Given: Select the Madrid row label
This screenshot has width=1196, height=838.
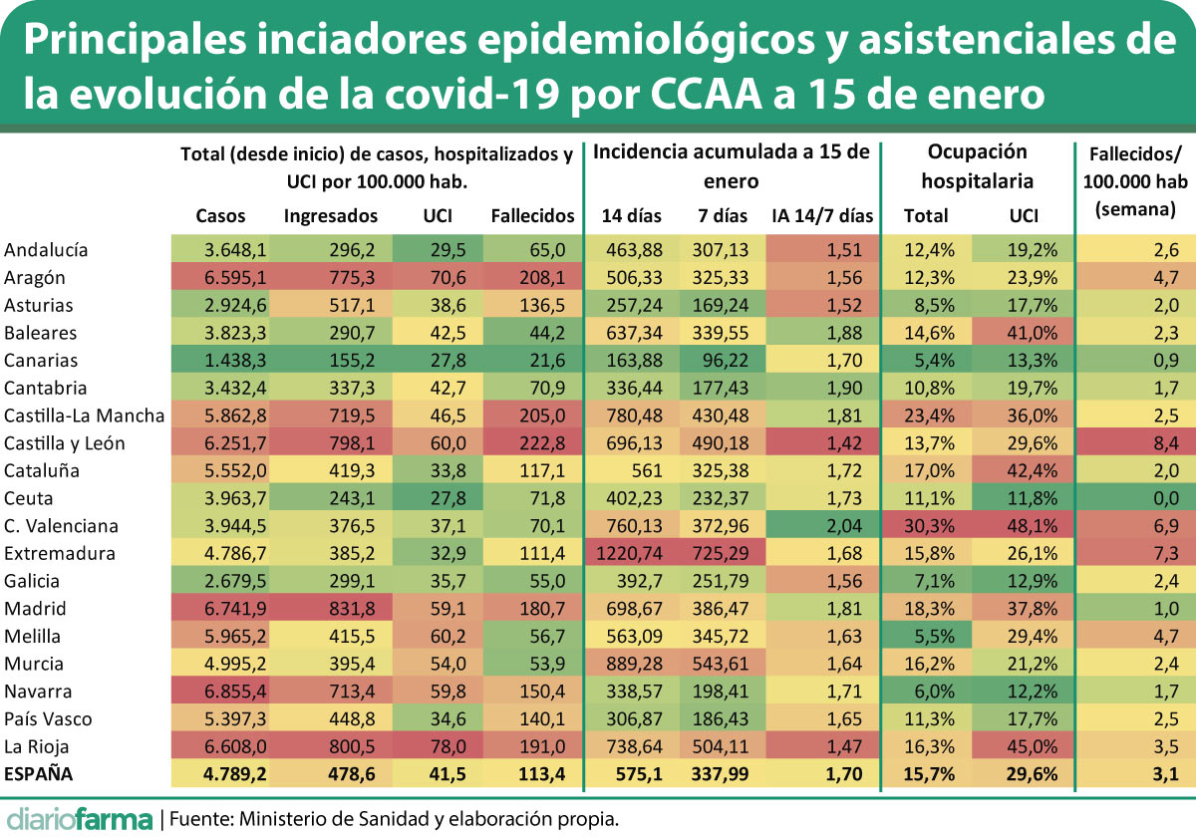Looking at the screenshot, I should pos(35,609).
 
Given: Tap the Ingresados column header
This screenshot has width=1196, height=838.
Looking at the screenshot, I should pos(331,215).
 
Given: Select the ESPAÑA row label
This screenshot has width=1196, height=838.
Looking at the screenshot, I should pos(39,773).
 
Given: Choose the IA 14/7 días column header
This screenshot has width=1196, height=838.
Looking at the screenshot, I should pos(822,215).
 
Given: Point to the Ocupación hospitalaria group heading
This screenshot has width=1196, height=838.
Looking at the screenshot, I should pos(977,166).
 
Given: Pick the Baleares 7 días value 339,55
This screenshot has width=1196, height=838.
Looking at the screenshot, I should pos(722,333).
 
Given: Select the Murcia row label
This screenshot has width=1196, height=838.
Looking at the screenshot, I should pos(34,664).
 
